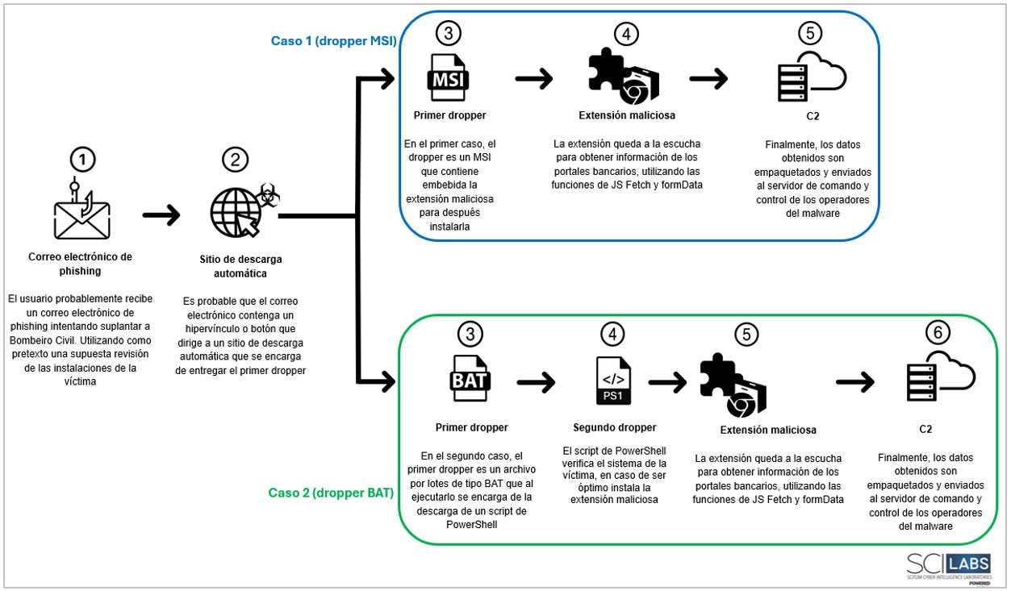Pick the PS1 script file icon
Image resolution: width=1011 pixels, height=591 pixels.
(609, 378)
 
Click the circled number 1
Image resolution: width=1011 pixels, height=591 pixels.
(83, 160)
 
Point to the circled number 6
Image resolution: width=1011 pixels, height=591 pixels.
(936, 331)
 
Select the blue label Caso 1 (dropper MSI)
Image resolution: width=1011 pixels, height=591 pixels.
(332, 40)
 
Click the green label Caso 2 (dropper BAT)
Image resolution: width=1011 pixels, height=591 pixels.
(331, 491)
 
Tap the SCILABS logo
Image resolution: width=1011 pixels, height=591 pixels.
(949, 564)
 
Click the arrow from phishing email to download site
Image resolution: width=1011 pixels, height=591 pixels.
(161, 216)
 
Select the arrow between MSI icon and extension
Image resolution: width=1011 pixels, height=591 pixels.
(533, 78)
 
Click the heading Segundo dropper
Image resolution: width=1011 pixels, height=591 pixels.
(615, 427)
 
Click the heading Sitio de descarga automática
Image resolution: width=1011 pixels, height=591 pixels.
(240, 266)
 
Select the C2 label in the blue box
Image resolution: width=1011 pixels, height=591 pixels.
(813, 116)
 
